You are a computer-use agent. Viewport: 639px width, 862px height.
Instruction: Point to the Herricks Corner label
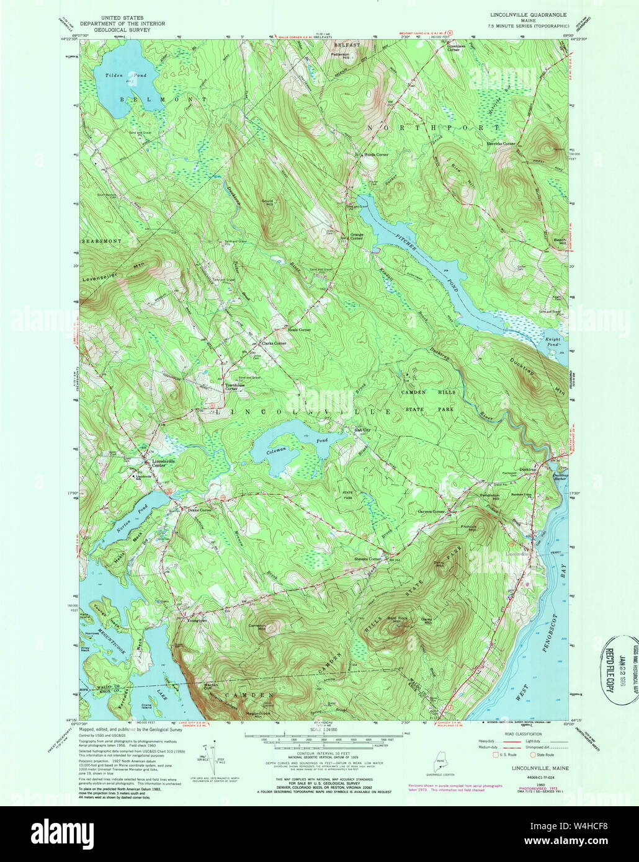pos(500,144)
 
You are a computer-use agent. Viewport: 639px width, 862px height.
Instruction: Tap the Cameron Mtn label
pos(257,628)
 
